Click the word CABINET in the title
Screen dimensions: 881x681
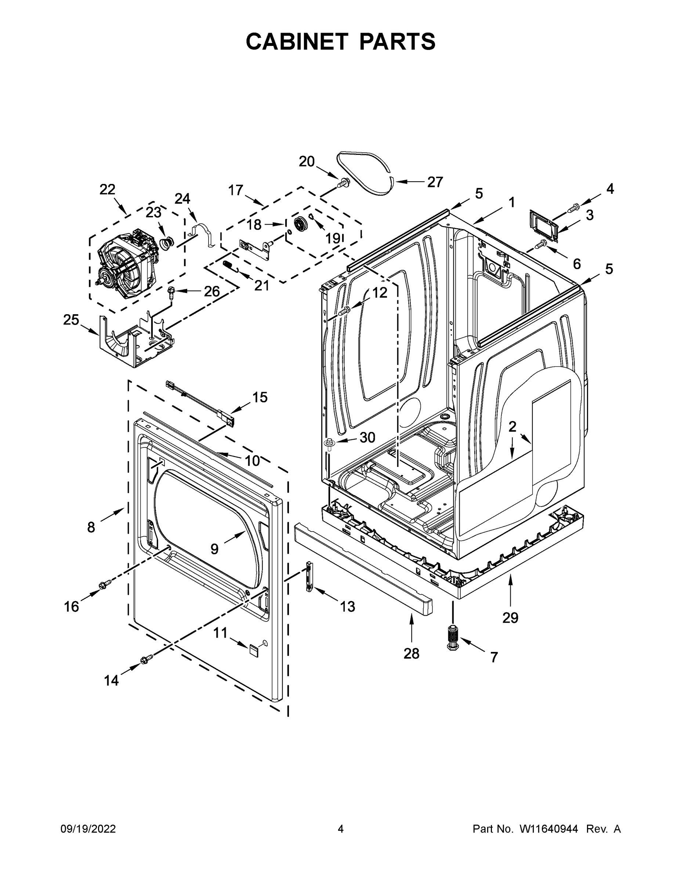coord(297,41)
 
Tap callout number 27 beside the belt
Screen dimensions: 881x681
coord(435,182)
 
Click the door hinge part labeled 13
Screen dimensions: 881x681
coord(309,576)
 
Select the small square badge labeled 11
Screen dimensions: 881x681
coord(253,649)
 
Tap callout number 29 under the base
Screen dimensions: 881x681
coord(510,617)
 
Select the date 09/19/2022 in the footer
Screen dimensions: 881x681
coord(88,829)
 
